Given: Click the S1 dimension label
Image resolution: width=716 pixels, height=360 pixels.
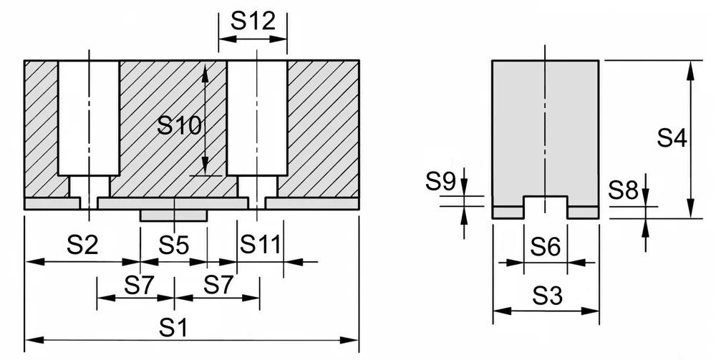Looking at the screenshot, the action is pyautogui.click(x=173, y=328).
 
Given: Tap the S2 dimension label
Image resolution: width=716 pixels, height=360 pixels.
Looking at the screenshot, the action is pyautogui.click(x=82, y=245).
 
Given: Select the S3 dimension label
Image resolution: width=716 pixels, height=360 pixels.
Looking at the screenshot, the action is pyautogui.click(x=548, y=296).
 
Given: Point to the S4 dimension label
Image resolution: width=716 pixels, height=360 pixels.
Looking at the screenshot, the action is pyautogui.click(x=672, y=138).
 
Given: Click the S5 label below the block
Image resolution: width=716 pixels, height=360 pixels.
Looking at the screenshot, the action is pyautogui.click(x=173, y=245).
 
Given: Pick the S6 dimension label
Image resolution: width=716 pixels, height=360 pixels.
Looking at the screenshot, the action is pyautogui.click(x=545, y=248).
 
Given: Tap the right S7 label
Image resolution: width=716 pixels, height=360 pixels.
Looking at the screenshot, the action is pyautogui.click(x=218, y=285).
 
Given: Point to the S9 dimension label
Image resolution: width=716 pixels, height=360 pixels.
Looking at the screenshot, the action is pyautogui.click(x=440, y=181).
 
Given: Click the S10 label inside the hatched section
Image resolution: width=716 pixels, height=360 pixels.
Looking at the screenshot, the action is pyautogui.click(x=179, y=125).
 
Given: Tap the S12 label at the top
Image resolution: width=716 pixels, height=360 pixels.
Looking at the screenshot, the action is pyautogui.click(x=253, y=21).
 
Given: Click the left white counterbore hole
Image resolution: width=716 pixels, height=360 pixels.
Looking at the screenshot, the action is pyautogui.click(x=89, y=117).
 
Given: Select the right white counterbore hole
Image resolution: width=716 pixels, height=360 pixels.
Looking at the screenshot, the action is pyautogui.click(x=257, y=117).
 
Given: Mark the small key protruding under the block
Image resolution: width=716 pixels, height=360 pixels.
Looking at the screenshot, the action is pyautogui.click(x=173, y=215).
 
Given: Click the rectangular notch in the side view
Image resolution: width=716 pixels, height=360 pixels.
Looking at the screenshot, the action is pyautogui.click(x=545, y=207).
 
